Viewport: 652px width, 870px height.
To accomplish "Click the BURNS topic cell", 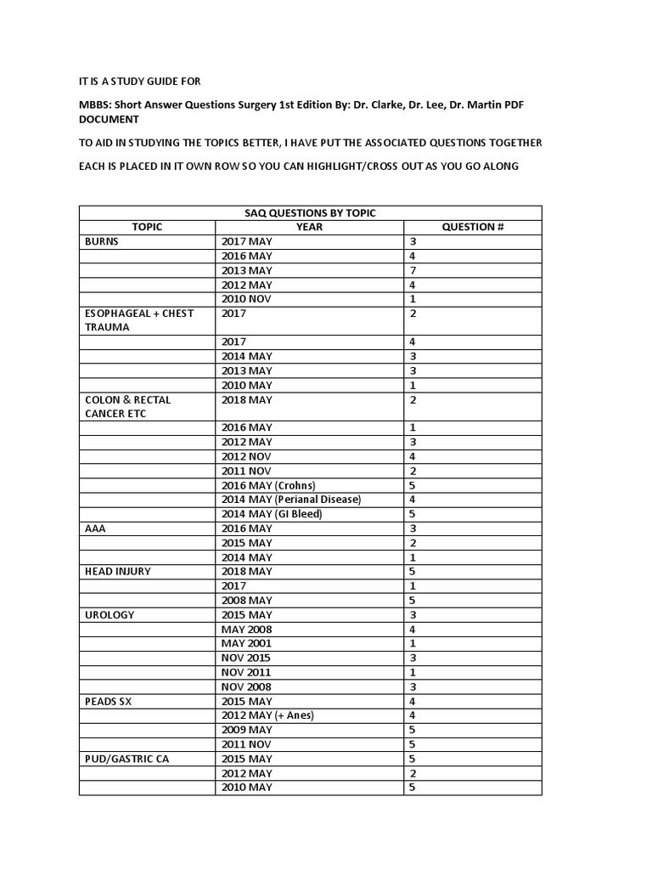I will point(102,241).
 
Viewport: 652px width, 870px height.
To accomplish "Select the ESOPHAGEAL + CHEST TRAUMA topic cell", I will point(139,320).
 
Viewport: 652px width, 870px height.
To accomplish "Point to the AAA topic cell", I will point(95,528).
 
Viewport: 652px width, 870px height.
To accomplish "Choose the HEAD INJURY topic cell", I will point(118,571).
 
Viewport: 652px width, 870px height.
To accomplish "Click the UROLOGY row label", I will point(110,614).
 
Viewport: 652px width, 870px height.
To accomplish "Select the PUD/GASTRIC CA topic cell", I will point(126,759).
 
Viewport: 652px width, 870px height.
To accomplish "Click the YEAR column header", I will point(309,227).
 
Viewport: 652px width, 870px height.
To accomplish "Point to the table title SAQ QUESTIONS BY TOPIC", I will point(310,212).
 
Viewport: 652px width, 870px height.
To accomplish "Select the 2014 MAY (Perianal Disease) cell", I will point(291,500).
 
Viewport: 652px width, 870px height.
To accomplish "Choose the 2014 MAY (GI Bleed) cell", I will point(272,514).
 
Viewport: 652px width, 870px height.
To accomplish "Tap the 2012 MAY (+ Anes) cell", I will point(267,715).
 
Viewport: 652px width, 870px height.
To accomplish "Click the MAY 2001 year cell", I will point(247,643).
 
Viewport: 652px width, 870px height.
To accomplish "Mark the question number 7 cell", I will point(413,270).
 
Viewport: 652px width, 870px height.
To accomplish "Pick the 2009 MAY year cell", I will point(247,730).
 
